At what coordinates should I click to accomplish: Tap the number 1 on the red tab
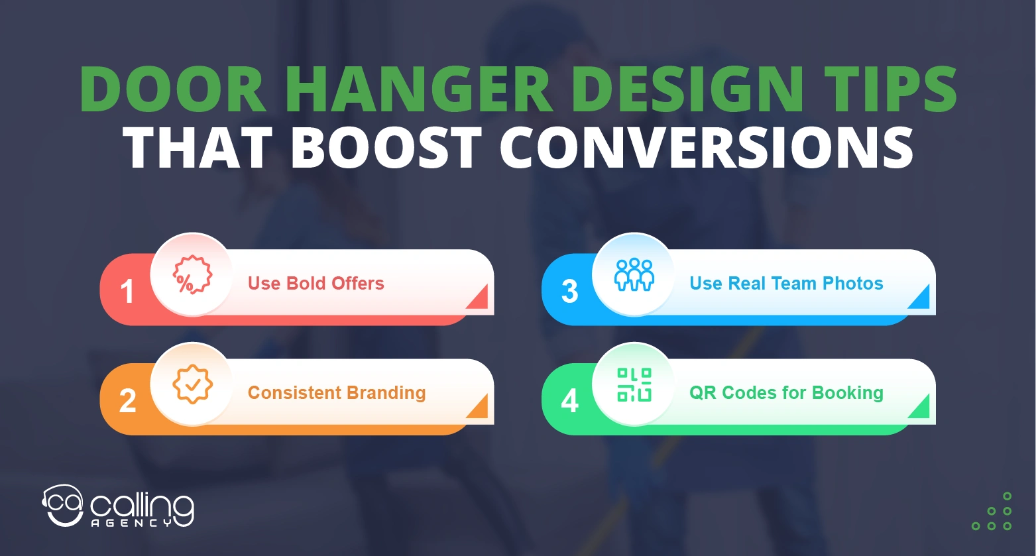tap(127, 292)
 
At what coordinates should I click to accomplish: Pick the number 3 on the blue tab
tap(569, 292)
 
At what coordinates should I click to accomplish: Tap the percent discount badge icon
tap(192, 274)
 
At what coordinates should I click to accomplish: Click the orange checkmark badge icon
tap(192, 384)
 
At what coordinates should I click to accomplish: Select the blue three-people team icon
tap(634, 274)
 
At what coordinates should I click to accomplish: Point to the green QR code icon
tap(634, 384)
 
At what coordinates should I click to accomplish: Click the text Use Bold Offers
tap(316, 284)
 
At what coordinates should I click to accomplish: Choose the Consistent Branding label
tap(337, 393)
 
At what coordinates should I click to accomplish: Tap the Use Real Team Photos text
tap(786, 284)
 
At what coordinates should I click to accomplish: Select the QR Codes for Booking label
tap(786, 393)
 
